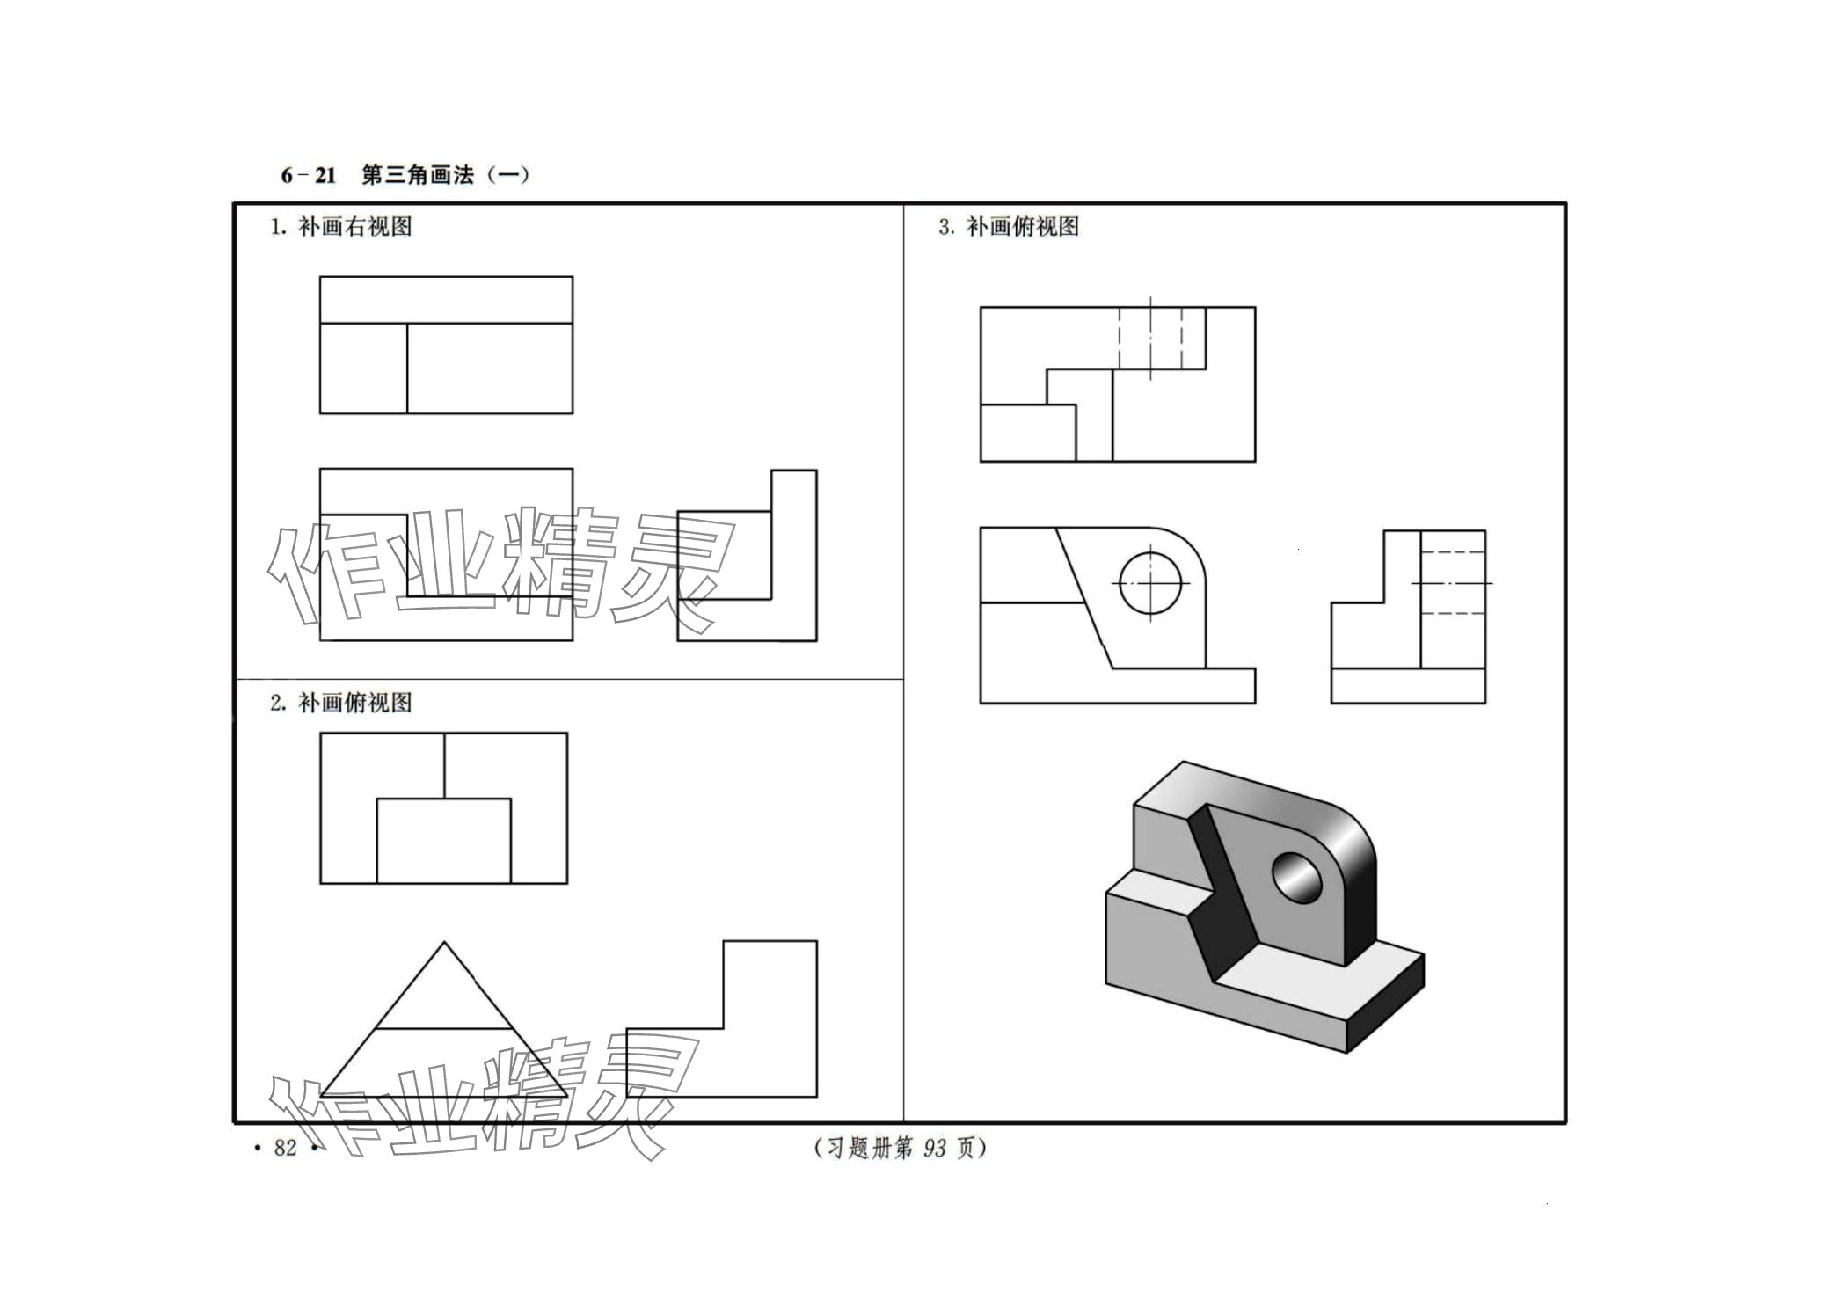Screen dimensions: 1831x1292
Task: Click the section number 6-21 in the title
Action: point(308,175)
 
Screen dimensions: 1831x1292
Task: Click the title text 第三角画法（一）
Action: point(445,175)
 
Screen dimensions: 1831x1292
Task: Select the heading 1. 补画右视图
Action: point(341,227)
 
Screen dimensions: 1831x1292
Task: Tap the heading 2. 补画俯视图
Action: point(341,703)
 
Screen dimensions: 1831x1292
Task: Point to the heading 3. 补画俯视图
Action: point(1009,227)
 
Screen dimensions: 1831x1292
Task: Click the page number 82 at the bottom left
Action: point(285,1148)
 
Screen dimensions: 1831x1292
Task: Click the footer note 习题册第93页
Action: point(901,1148)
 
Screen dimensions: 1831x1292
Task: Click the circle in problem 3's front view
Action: point(1150,583)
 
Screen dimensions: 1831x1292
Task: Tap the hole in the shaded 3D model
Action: point(1296,877)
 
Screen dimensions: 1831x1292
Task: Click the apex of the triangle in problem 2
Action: point(444,943)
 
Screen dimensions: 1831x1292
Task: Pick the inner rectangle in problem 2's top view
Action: point(443,840)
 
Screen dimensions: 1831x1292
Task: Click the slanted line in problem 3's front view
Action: point(1084,599)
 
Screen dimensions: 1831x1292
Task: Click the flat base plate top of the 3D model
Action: point(1319,976)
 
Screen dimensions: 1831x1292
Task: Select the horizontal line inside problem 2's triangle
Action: point(443,1028)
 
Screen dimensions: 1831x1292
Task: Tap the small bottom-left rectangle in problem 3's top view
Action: point(1027,433)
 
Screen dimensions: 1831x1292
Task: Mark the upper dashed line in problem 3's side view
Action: point(1453,551)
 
